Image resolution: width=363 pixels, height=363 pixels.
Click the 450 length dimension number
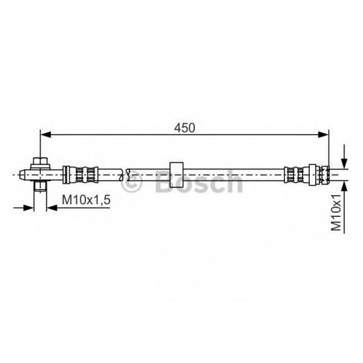[184, 128]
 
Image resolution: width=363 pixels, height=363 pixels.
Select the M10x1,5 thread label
[86, 200]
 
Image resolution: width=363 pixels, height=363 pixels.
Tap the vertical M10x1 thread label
[336, 212]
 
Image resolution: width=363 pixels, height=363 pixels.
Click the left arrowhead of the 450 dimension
[46, 134]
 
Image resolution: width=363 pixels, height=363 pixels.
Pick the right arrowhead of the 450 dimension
[323, 134]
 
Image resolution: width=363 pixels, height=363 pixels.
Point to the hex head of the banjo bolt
[41, 161]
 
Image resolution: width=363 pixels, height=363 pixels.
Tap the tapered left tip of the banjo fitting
[23, 175]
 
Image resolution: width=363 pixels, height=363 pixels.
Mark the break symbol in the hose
[124, 175]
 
